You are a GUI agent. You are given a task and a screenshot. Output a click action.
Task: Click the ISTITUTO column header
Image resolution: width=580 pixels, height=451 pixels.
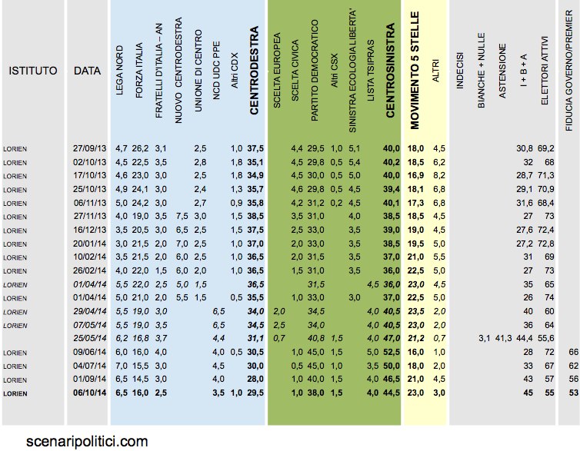[x=33, y=71]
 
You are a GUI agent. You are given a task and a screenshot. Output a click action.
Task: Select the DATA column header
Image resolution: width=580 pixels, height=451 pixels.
[x=87, y=71]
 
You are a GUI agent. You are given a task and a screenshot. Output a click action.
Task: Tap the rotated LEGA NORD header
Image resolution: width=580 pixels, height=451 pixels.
[x=119, y=70]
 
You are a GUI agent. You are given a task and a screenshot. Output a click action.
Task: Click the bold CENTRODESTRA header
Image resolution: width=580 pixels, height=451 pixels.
[x=254, y=70]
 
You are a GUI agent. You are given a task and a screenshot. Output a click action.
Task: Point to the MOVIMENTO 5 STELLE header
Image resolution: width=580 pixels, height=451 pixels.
[x=415, y=70]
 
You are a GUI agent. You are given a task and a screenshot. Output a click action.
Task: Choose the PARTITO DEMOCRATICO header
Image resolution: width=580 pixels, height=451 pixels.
[x=315, y=70]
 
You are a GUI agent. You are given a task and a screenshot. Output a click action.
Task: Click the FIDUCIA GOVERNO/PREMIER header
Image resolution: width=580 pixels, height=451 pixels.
[x=569, y=70]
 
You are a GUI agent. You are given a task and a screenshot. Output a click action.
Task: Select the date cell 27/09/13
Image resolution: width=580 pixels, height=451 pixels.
[x=89, y=148]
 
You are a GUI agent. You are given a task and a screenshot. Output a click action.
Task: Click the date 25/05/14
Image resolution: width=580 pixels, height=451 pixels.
[x=89, y=338]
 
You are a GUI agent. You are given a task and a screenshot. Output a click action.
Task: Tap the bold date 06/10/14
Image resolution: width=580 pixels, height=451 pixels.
[x=89, y=393]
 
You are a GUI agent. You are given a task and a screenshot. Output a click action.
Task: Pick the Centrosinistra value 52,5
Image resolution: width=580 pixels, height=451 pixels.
[x=392, y=352]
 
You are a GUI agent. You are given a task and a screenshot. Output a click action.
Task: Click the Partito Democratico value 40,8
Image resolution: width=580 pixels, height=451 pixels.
[x=316, y=338]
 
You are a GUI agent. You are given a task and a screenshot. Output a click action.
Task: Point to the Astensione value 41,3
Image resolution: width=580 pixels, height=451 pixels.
[x=503, y=338]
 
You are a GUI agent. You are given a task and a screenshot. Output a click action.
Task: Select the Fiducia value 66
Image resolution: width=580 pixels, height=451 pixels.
[x=573, y=352]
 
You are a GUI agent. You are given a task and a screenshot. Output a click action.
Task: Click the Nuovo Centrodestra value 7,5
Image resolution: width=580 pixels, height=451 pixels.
[x=182, y=216]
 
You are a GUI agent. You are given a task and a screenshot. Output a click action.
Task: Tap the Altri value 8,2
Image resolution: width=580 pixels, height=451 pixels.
[x=439, y=175]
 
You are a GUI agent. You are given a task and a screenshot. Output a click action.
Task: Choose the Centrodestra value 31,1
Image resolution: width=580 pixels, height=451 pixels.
[x=255, y=338]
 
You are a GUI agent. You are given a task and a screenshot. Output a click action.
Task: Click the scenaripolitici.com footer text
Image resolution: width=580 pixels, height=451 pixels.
[x=87, y=442]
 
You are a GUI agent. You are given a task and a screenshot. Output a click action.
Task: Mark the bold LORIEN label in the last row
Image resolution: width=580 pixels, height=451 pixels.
[x=15, y=393]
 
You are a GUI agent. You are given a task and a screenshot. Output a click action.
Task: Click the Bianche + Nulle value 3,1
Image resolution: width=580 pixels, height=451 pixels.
[x=484, y=338]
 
